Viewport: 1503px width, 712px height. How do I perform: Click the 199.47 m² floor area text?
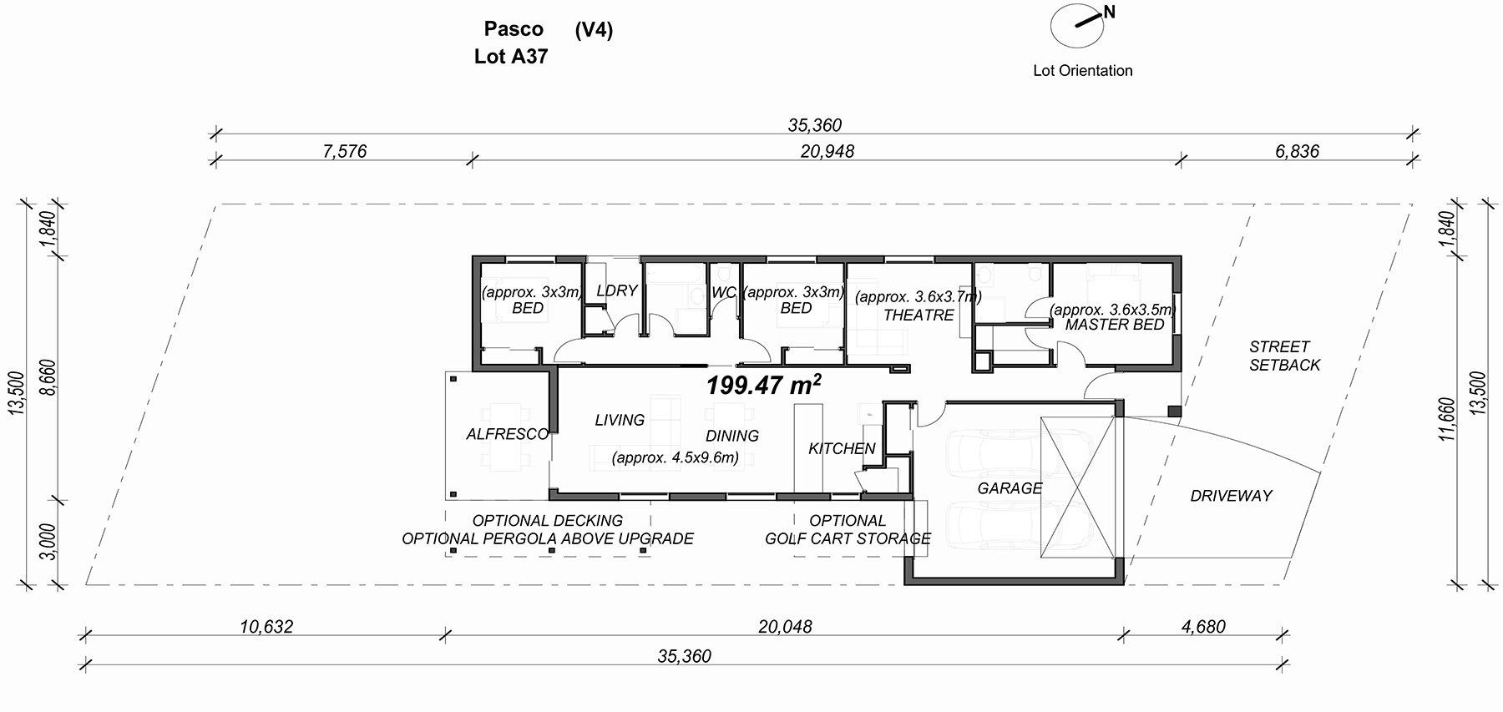click(x=763, y=385)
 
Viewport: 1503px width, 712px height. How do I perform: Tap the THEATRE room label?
click(x=918, y=315)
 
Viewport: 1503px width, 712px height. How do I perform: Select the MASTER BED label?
click(x=1115, y=325)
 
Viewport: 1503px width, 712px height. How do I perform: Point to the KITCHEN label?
click(x=842, y=448)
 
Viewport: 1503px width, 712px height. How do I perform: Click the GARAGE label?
click(x=1010, y=487)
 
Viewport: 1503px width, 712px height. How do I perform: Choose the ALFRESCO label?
click(x=508, y=434)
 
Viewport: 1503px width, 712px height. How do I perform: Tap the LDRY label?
click(x=617, y=290)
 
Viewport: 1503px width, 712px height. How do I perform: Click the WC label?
click(x=723, y=293)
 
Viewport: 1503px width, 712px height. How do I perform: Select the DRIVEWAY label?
click(x=1231, y=496)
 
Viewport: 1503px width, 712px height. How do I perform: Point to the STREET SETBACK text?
click(x=1284, y=356)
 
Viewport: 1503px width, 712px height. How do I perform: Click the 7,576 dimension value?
click(x=344, y=151)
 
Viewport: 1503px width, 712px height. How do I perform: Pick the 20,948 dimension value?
click(x=827, y=151)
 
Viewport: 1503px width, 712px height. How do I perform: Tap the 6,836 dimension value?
click(x=1298, y=151)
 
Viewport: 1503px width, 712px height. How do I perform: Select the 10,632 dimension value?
click(x=266, y=626)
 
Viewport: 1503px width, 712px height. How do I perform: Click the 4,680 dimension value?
click(x=1203, y=626)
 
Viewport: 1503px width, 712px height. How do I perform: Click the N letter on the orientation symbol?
click(x=1109, y=12)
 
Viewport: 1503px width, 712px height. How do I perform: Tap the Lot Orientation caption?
click(x=1083, y=71)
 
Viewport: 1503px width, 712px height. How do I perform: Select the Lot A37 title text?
click(x=511, y=57)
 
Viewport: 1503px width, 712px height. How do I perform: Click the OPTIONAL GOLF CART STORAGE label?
click(x=848, y=529)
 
